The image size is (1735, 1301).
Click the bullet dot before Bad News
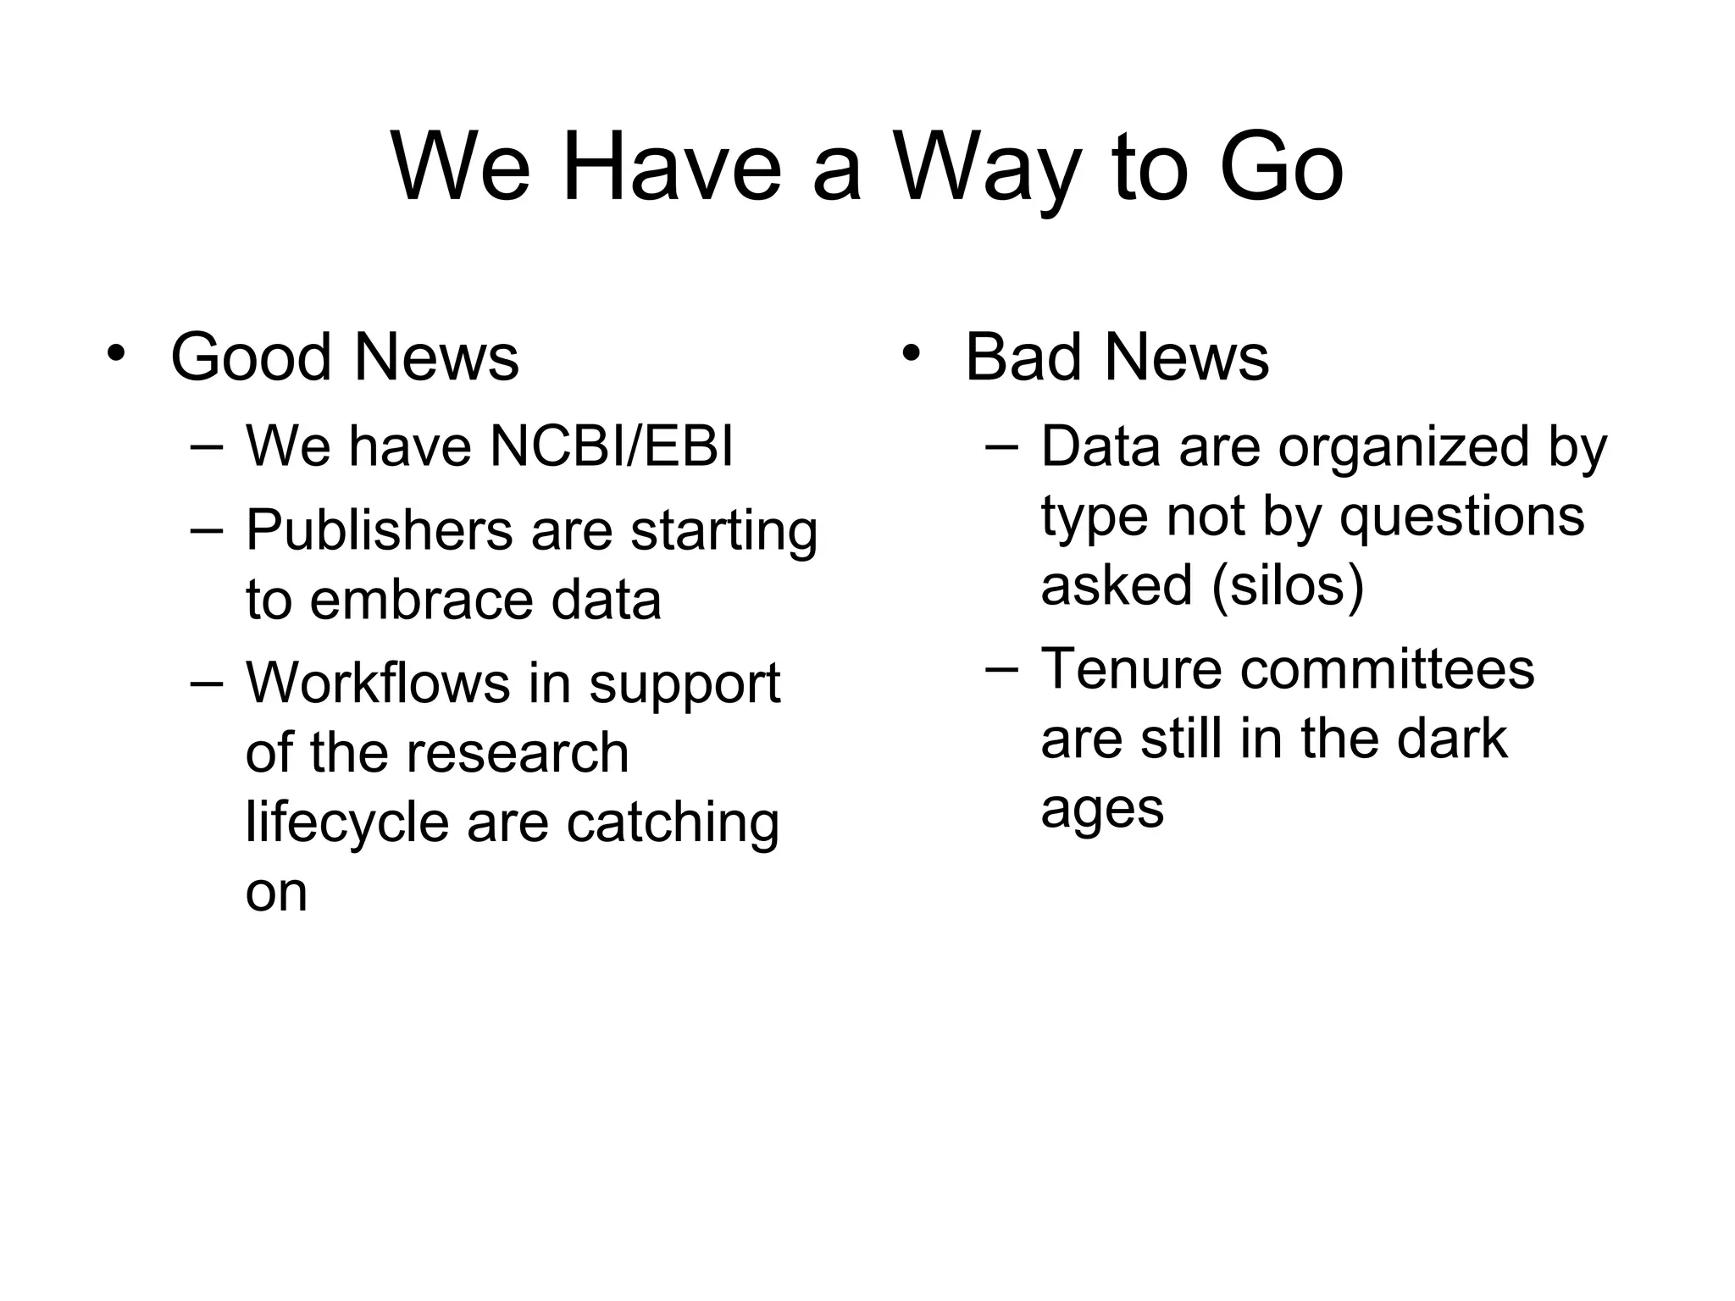coord(910,352)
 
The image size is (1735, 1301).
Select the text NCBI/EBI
coord(611,446)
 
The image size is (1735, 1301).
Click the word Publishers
coord(379,531)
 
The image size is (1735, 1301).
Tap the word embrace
coord(420,600)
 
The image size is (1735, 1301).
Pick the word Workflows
coord(377,683)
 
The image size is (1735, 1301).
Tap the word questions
coord(1461,517)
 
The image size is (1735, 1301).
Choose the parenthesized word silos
coord(1288,585)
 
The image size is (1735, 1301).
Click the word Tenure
coord(1130,669)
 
